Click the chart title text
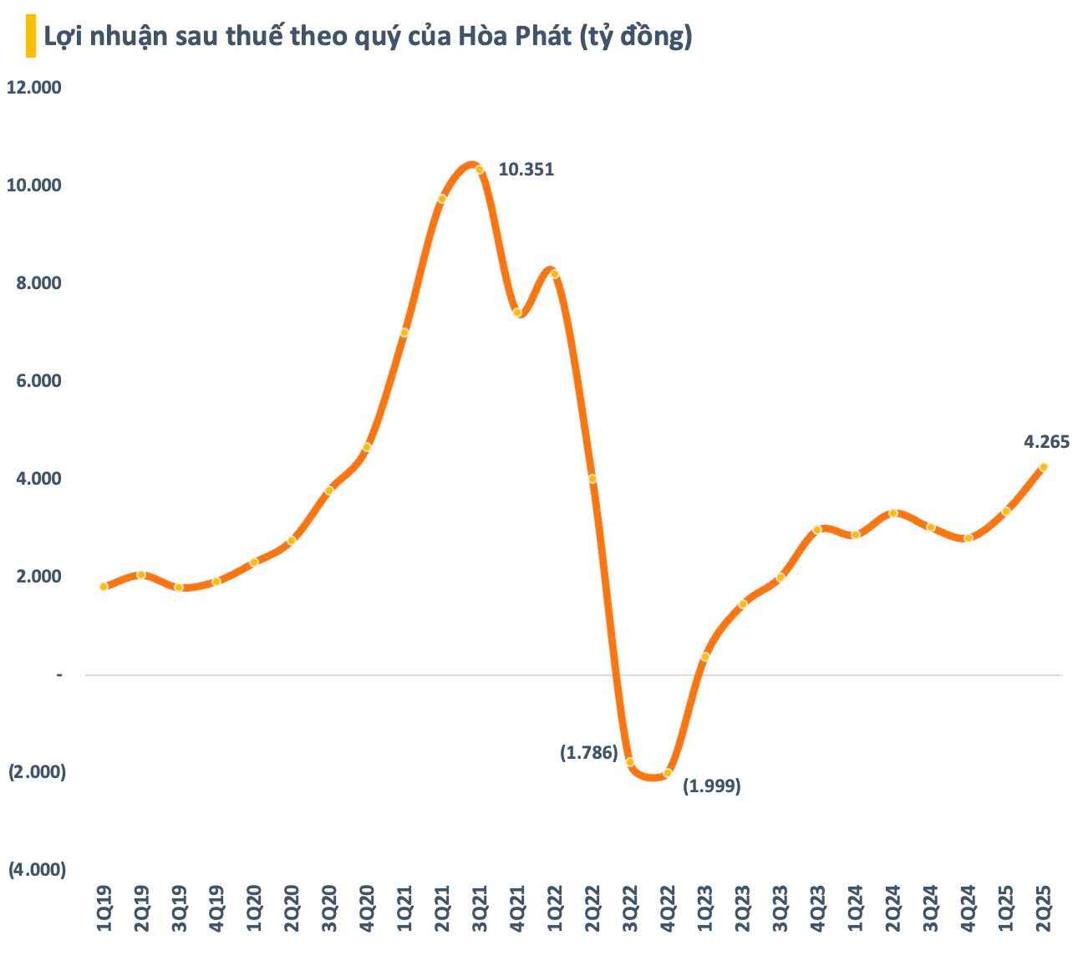click(x=368, y=37)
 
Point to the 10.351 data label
click(x=526, y=170)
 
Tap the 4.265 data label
click(x=1046, y=442)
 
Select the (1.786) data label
click(x=588, y=753)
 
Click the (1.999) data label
click(x=712, y=786)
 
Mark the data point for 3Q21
click(x=480, y=170)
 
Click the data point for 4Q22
click(x=667, y=773)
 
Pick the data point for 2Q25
click(x=1043, y=467)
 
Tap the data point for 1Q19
click(x=104, y=587)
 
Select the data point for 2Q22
click(x=592, y=479)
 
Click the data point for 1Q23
click(x=704, y=657)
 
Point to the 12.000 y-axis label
click(x=34, y=88)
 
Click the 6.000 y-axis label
click(x=38, y=381)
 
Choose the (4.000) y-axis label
click(x=37, y=870)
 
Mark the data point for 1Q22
click(x=554, y=274)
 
